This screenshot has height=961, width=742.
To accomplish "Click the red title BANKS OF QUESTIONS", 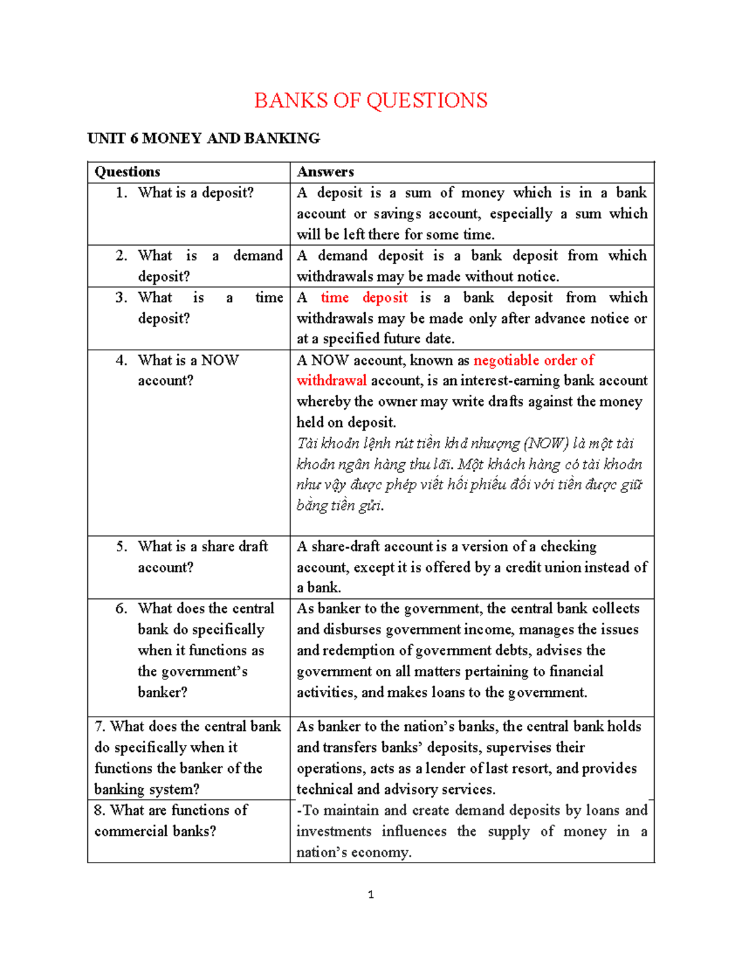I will tap(370, 100).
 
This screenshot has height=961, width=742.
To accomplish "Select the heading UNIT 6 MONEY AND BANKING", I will tap(203, 138).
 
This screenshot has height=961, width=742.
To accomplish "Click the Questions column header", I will tap(127, 172).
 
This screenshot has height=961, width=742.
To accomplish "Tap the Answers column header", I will tap(325, 172).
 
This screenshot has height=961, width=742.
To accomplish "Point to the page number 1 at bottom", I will tap(370, 894).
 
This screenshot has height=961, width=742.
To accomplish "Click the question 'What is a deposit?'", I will tap(195, 193).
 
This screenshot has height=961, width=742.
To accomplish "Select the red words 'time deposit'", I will tap(364, 298).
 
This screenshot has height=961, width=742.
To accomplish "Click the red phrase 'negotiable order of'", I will tap(534, 360).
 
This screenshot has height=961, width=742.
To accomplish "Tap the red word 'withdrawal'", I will tap(331, 381).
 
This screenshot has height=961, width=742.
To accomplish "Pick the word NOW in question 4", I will tap(220, 360).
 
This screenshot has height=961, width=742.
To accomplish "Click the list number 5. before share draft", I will tap(121, 546).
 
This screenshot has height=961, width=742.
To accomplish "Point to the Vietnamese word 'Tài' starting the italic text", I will tap(307, 444).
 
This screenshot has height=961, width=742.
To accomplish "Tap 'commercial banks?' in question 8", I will tap(155, 831).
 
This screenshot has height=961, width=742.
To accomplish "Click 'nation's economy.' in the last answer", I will tap(354, 853).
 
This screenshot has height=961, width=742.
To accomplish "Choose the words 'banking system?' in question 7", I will tap(147, 790).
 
